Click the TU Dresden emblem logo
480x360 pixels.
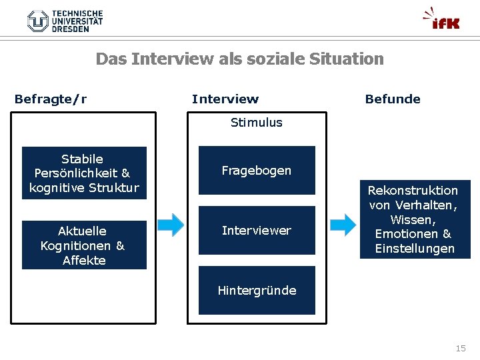[38, 21]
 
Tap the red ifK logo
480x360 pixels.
[442, 19]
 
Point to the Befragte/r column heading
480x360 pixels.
[51, 99]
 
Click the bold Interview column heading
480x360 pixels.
[225, 99]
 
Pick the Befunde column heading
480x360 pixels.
[393, 99]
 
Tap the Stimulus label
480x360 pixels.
[257, 122]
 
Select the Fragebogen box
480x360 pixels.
[257, 171]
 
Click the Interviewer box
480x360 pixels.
[257, 231]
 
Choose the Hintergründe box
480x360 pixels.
[257, 291]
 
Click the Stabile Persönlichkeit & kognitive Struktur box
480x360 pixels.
[84, 173]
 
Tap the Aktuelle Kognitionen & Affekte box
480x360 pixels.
[84, 245]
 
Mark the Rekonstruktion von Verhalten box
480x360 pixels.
[414, 219]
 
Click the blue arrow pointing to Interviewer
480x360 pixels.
[171, 225]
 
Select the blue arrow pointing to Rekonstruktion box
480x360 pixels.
[343, 225]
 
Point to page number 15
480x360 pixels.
[461, 348]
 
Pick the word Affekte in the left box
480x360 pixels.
[84, 260]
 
